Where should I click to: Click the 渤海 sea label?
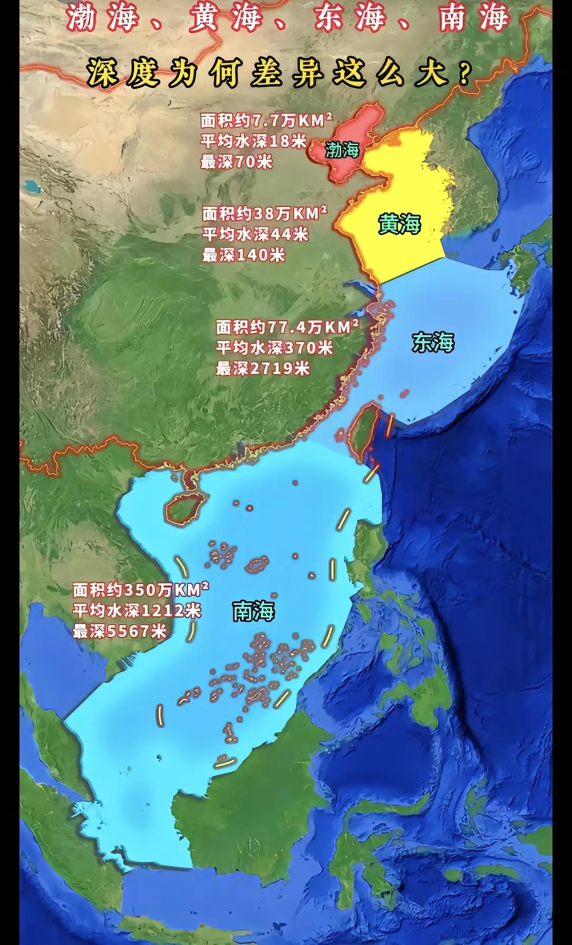(x=342, y=150)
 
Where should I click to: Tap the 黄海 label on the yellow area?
(x=399, y=224)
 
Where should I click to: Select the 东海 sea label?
(x=433, y=343)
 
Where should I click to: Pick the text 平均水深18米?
(x=253, y=141)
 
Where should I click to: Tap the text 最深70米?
(x=236, y=162)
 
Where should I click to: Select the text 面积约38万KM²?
(x=264, y=214)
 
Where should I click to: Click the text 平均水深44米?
(x=255, y=234)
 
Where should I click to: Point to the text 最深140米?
(x=243, y=255)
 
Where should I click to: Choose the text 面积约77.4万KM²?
(x=287, y=327)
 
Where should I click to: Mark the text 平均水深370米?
(x=274, y=347)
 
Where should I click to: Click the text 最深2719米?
(x=262, y=368)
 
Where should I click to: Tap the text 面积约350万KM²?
(x=140, y=589)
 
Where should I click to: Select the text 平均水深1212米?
(x=137, y=610)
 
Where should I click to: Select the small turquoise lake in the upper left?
(x=32, y=186)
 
